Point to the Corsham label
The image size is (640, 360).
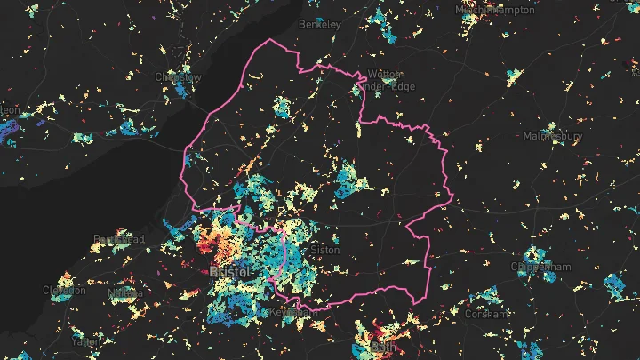tap(488, 313)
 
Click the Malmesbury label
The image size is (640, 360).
tap(552, 137)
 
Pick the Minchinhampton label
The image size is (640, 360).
tap(495, 9)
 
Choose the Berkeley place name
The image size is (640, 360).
tap(320, 24)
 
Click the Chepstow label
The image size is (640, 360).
tap(178, 77)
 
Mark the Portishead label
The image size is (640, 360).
tap(118, 239)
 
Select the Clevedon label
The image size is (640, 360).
tap(64, 290)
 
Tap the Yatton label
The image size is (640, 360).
tap(87, 340)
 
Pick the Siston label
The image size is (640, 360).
tap(324, 250)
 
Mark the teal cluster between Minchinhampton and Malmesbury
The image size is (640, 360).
tap(514, 75)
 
